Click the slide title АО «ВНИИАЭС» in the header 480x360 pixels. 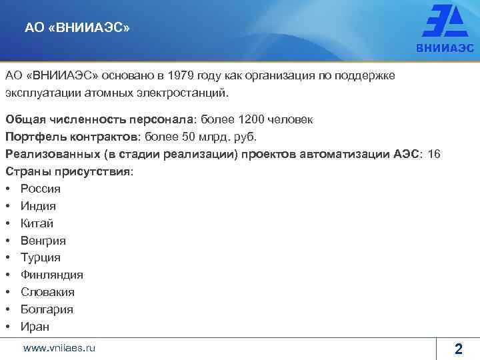(x=77, y=28)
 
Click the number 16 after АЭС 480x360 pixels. (x=433, y=155)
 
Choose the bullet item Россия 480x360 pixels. (x=40, y=189)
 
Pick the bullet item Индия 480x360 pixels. (x=38, y=206)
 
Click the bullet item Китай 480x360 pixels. (x=37, y=223)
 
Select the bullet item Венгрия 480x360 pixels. (x=43, y=241)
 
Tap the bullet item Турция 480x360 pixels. (x=40, y=258)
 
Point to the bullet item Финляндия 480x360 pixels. (x=51, y=275)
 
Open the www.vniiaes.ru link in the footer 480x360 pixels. (x=59, y=347)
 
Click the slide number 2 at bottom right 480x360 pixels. (x=458, y=348)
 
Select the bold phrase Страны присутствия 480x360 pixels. (x=68, y=172)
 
